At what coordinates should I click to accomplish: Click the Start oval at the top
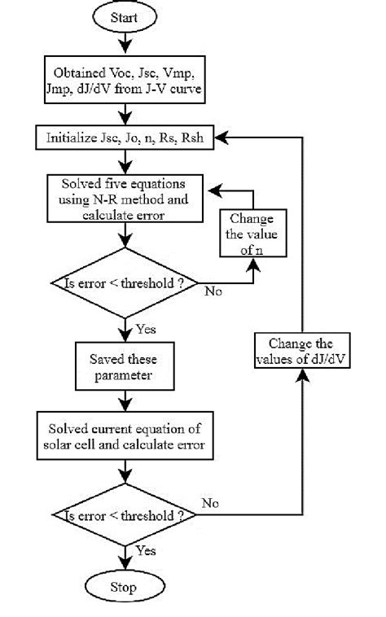pyautogui.click(x=125, y=15)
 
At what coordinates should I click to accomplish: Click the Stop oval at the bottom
pyautogui.click(x=125, y=587)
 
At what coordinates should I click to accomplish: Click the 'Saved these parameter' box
pyautogui.click(x=125, y=366)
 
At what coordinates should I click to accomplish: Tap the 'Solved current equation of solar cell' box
pyautogui.click(x=125, y=436)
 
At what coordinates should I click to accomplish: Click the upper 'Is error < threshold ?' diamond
pyautogui.click(x=125, y=283)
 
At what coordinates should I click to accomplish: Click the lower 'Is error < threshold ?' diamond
pyautogui.click(x=125, y=516)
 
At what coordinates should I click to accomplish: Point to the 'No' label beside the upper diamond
pyautogui.click(x=211, y=290)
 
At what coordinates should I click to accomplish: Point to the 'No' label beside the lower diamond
pyautogui.click(x=210, y=503)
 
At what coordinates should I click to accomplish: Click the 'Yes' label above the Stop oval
pyautogui.click(x=146, y=551)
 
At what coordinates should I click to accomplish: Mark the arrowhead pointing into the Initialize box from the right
pyautogui.click(x=218, y=138)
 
